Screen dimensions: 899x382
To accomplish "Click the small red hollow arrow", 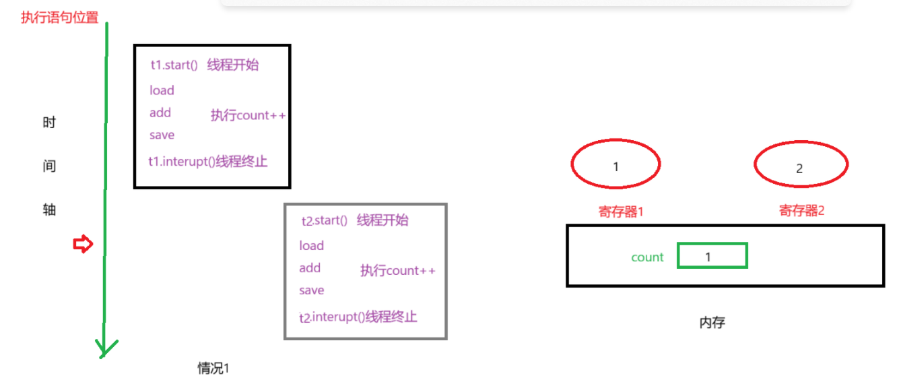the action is pos(82,245).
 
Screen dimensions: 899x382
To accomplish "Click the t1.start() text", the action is pos(174,65).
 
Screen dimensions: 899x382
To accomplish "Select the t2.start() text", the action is pos(324,221).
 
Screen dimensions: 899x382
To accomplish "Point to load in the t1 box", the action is pos(162,90).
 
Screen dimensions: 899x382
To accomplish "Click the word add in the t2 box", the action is pos(310,268).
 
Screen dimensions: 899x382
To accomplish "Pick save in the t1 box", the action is pos(162,135).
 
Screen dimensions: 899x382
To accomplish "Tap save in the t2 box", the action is pos(312,290).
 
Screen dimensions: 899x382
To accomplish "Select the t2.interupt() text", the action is pos(332,317).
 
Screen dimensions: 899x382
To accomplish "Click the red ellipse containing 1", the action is pos(615,164).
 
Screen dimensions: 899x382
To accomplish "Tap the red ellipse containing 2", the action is pos(800,165).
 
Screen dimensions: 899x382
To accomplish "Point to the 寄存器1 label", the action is pos(621,212).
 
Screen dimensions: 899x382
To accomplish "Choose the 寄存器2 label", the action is pos(801,211).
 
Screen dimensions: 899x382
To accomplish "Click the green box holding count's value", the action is pos(712,256).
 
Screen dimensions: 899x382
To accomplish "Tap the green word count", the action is pos(647,257).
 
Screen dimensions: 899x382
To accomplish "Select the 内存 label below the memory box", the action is pos(712,322).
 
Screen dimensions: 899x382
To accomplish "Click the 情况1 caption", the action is pos(213,368).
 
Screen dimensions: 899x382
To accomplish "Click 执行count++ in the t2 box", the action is pos(397,271).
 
